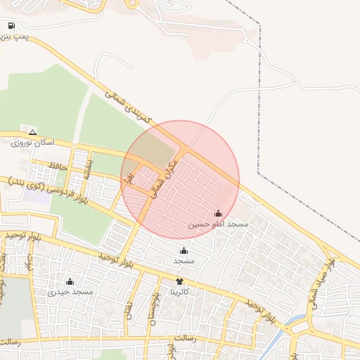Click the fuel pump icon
12,26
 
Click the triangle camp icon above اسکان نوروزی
32,132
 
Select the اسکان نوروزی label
33,143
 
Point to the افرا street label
129,181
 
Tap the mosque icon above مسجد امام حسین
218,213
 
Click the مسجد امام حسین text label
219,224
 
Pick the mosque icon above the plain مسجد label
184,250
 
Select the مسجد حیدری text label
70,291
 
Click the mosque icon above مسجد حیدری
70,281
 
